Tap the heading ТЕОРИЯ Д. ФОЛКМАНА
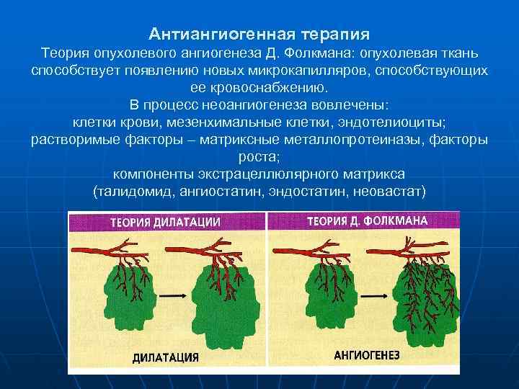click(368, 220)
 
